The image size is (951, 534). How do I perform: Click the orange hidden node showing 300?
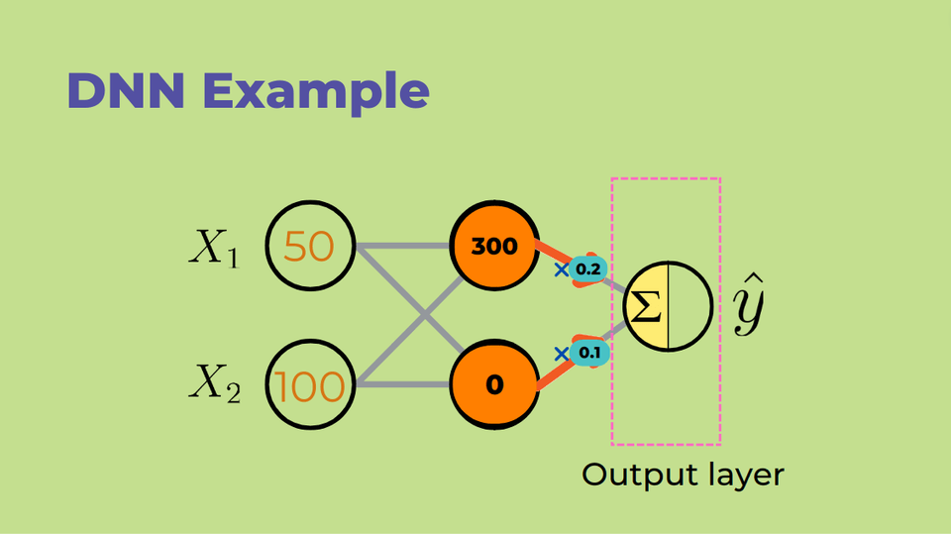[494, 247]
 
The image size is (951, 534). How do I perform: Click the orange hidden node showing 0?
[494, 383]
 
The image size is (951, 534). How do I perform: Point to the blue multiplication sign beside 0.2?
[562, 268]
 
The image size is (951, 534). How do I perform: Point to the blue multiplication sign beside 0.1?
[562, 354]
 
